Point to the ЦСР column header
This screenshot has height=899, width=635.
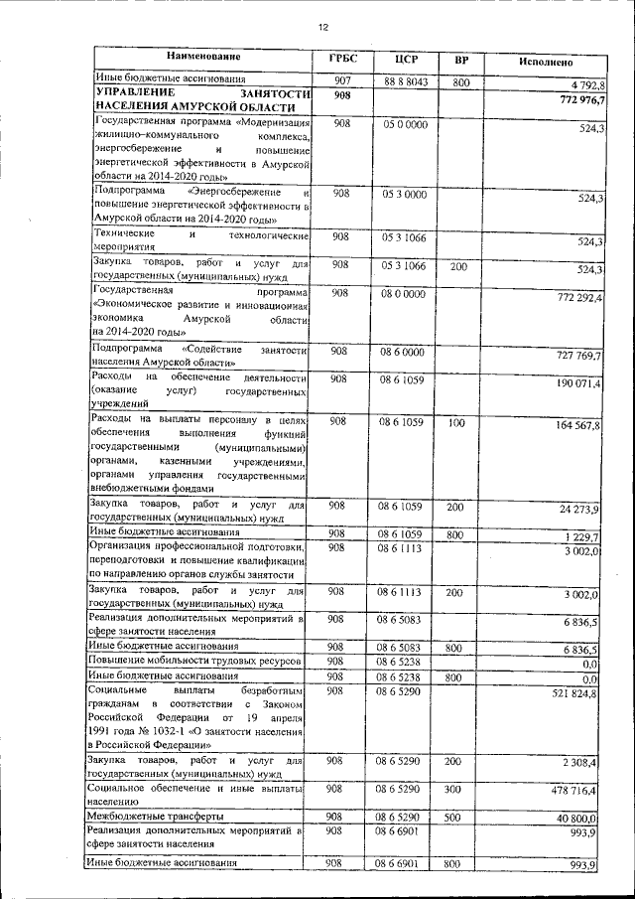click(x=403, y=61)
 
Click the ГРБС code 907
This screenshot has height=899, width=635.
click(x=340, y=80)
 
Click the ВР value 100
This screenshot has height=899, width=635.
click(x=455, y=422)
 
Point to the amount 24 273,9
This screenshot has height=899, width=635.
click(x=578, y=510)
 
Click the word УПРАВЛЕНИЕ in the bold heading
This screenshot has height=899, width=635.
click(x=133, y=93)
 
